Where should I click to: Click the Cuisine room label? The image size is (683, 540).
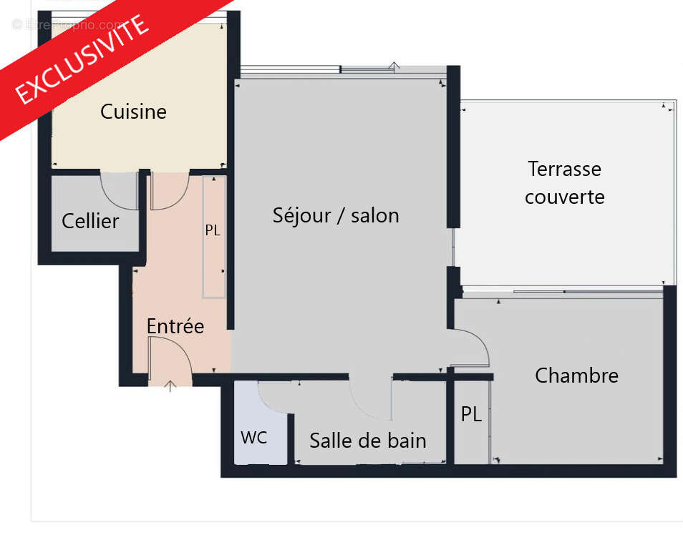pyautogui.click(x=133, y=112)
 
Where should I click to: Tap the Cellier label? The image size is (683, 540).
pyautogui.click(x=90, y=221)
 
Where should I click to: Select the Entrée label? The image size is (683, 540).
pyautogui.click(x=175, y=326)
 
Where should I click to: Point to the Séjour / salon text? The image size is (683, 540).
pyautogui.click(x=336, y=215)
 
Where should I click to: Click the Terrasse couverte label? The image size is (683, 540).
pyautogui.click(x=564, y=182)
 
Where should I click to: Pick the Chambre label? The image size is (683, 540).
pyautogui.click(x=576, y=375)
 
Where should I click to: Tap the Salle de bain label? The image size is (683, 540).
pyautogui.click(x=367, y=441)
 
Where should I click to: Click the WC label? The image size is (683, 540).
pyautogui.click(x=253, y=437)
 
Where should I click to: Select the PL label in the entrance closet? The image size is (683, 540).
pyautogui.click(x=213, y=230)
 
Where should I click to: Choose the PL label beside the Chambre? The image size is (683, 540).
pyautogui.click(x=470, y=414)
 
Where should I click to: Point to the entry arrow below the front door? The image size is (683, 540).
pyautogui.click(x=170, y=387)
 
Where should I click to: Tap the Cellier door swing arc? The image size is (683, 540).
pyautogui.click(x=118, y=192)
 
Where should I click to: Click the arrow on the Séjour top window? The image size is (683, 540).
pyautogui.click(x=394, y=67)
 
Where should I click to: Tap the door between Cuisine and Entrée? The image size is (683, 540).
pyautogui.click(x=170, y=192)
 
